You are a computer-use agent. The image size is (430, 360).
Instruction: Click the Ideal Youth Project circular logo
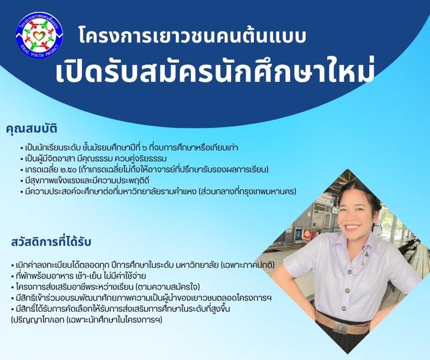coord(39,34)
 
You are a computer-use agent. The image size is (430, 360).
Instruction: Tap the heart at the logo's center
coord(39,35)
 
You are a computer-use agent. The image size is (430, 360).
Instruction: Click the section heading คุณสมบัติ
coord(32,128)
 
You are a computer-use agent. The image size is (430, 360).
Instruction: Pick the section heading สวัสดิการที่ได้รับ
coord(51,242)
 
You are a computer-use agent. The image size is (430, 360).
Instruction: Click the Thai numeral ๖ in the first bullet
coord(144,148)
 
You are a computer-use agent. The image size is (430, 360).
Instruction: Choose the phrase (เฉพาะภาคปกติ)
coord(248,265)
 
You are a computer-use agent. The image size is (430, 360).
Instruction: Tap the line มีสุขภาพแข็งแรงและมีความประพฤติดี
coord(87,181)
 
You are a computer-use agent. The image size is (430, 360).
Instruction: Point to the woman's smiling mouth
coord(351,227)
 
